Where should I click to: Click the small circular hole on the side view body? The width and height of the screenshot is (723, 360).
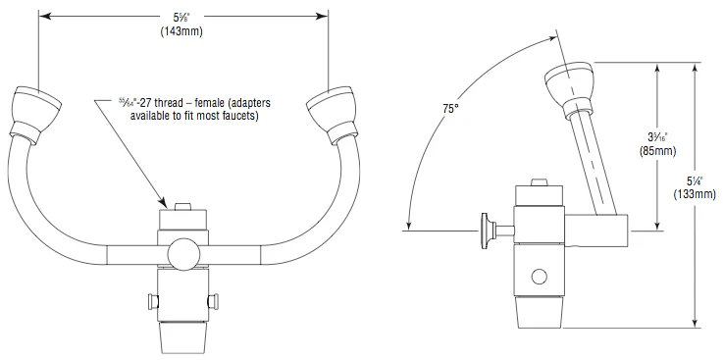coord(539,275)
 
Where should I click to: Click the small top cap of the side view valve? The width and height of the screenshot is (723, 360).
coord(539,183)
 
